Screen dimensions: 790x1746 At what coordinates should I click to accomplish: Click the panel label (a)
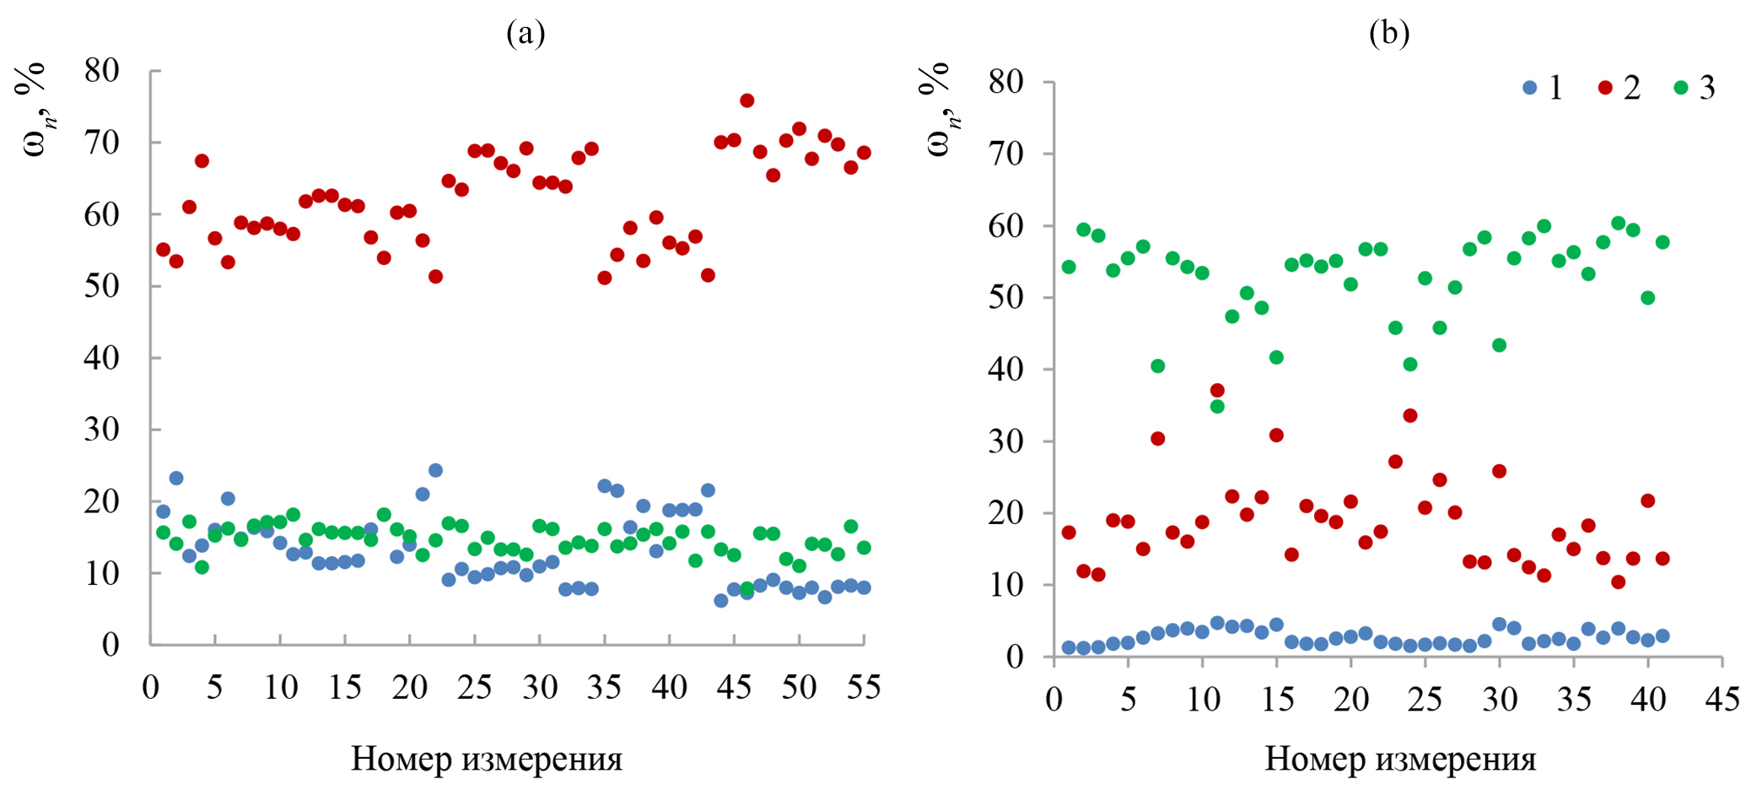click(x=525, y=33)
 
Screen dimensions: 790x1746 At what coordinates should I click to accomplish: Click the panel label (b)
click(x=1389, y=33)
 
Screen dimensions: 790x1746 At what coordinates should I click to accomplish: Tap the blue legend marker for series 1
click(x=1528, y=88)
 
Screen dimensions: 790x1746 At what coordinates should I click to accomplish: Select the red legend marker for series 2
click(x=1605, y=88)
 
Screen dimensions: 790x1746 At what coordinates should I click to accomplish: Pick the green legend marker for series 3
click(x=1681, y=88)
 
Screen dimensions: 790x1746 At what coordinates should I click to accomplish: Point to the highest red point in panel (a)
click(x=746, y=100)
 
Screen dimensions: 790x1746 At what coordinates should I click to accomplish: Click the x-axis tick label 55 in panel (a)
click(x=864, y=688)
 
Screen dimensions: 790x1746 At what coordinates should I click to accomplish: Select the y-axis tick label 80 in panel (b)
click(x=1005, y=83)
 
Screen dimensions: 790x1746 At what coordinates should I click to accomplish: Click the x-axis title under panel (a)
click(x=487, y=760)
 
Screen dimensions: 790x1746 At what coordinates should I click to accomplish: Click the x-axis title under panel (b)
click(x=1400, y=760)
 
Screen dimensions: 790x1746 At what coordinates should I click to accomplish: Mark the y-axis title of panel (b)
click(x=939, y=110)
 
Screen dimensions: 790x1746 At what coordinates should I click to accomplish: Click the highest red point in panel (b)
click(x=1217, y=390)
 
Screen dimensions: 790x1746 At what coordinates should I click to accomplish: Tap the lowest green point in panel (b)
click(x=1217, y=406)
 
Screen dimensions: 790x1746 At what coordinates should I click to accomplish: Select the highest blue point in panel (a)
click(x=435, y=470)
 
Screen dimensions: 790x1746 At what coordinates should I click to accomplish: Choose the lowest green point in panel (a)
click(x=746, y=588)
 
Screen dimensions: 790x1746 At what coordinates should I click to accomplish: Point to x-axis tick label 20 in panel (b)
click(x=1350, y=700)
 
